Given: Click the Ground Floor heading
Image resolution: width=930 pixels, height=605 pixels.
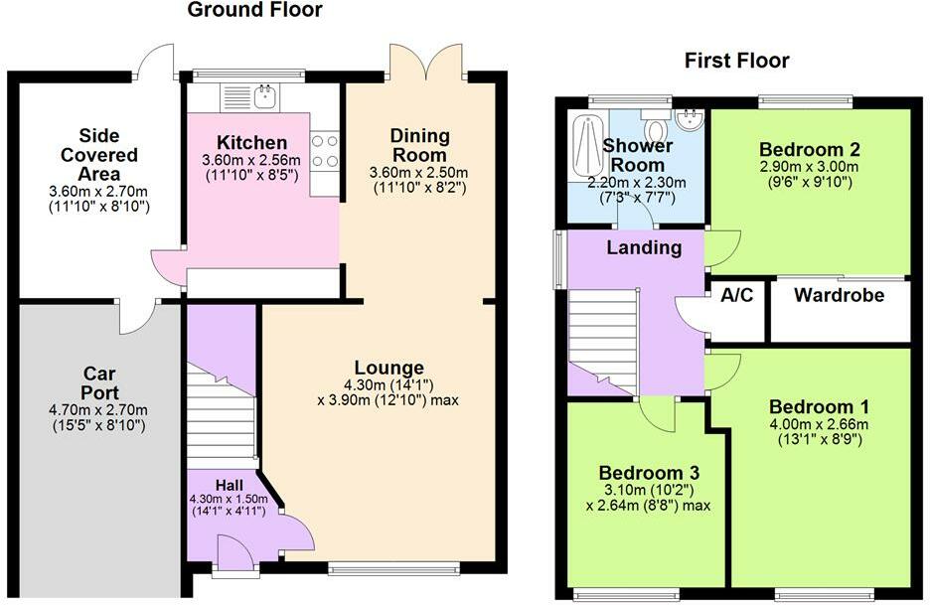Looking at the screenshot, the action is [x=254, y=10].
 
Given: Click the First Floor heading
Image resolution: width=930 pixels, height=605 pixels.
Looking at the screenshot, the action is [x=736, y=61].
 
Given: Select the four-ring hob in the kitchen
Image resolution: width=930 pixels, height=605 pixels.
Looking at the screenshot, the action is [x=325, y=151].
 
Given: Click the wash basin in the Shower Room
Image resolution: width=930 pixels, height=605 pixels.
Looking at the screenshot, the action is [x=690, y=120].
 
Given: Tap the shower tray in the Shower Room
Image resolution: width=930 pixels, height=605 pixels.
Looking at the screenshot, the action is [x=586, y=145].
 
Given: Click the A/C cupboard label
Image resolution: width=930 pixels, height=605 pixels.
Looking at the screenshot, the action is [x=736, y=295].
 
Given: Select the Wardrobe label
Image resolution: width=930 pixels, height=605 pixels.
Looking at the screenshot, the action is [x=839, y=295].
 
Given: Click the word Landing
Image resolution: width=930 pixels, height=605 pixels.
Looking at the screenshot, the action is [x=644, y=247].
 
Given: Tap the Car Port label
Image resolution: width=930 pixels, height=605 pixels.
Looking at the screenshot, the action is [x=99, y=383].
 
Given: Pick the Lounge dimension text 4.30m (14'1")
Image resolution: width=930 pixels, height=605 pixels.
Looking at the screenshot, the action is [x=388, y=384].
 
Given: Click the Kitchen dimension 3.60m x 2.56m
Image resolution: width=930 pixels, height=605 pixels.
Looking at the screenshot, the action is [x=251, y=160].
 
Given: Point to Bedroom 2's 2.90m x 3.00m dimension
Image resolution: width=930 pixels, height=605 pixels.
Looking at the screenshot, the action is [x=809, y=167].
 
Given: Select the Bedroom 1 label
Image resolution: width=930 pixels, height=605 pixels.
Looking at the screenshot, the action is [x=819, y=407].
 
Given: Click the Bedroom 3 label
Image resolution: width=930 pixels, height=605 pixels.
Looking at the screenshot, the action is [x=649, y=473].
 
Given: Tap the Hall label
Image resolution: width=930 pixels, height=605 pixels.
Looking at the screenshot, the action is [x=229, y=485].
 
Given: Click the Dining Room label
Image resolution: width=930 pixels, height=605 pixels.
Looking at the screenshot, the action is [x=419, y=145].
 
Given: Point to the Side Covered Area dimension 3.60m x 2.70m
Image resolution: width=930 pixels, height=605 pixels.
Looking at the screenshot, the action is [x=98, y=192].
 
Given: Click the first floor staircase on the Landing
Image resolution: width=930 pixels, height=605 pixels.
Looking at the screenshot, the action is [x=602, y=340].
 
